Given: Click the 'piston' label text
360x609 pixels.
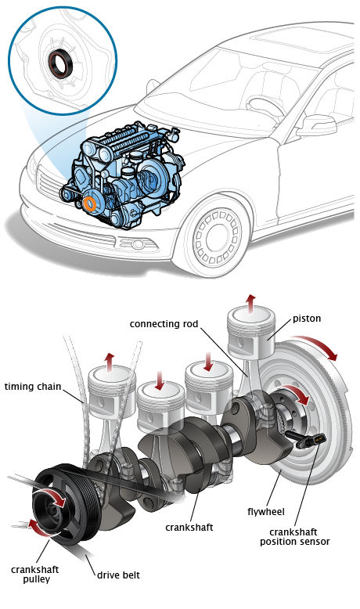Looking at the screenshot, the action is tap(307, 319).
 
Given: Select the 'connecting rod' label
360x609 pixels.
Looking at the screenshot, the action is tap(164, 324).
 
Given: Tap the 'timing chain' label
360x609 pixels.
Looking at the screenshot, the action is tap(33, 387).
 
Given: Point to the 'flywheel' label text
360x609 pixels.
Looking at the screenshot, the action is tap(266, 512).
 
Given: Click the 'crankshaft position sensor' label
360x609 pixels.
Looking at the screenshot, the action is tap(295, 537).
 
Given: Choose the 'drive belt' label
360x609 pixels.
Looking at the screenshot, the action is tap(118, 575).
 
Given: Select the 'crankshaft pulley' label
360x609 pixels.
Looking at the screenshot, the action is tap(35, 575).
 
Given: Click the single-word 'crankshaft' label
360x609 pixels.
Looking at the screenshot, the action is tap(189, 528).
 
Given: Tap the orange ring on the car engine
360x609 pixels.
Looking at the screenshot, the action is tap(91, 204).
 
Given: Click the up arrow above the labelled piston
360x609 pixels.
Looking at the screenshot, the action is tap(252, 302).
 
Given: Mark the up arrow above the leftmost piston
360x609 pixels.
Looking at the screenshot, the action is tap(110, 362).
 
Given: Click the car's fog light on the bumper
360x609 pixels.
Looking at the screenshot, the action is tap(138, 244).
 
